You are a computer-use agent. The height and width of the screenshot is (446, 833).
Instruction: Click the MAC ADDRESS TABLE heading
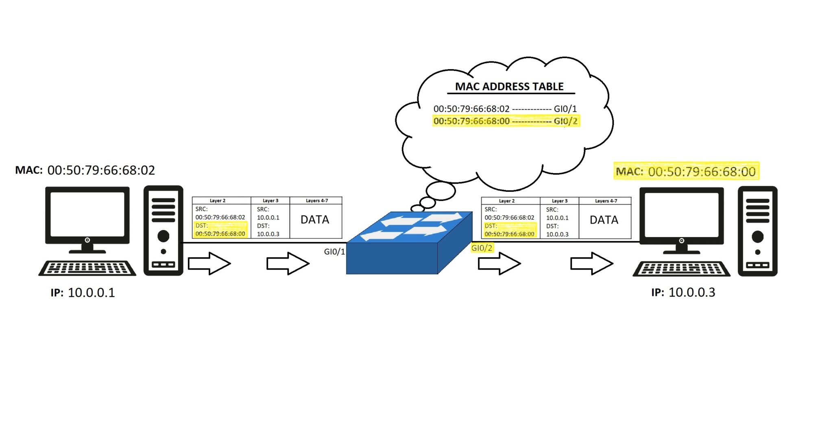(x=509, y=87)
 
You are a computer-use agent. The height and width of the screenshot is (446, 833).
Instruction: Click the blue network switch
(x=409, y=244)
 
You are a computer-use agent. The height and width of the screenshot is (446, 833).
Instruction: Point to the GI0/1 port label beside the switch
(x=334, y=252)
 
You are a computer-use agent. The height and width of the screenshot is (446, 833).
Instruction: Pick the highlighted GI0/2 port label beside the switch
(x=482, y=248)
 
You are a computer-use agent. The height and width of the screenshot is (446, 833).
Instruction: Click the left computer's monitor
(x=87, y=215)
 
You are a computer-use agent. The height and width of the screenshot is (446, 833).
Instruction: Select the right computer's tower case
(x=757, y=231)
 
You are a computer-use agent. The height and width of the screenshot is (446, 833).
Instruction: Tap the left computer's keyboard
(x=87, y=268)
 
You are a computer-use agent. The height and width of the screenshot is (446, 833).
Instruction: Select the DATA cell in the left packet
(x=315, y=220)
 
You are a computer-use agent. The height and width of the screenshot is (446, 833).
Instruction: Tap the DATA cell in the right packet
(x=604, y=220)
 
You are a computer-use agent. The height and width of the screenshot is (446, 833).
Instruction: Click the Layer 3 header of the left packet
(x=270, y=201)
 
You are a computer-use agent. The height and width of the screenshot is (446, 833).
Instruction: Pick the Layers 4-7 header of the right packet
(x=606, y=201)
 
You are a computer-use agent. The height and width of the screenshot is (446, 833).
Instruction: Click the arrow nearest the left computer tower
(x=209, y=263)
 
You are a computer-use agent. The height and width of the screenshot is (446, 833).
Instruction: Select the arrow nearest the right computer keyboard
(x=591, y=263)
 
